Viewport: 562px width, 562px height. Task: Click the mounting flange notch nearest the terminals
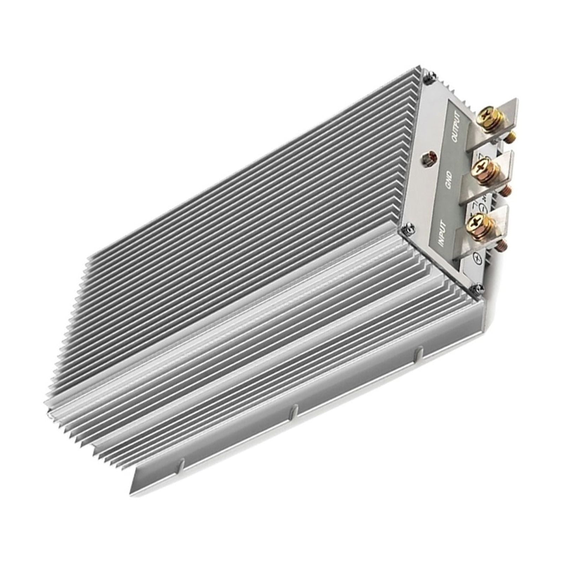pyautogui.click(x=419, y=355)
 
